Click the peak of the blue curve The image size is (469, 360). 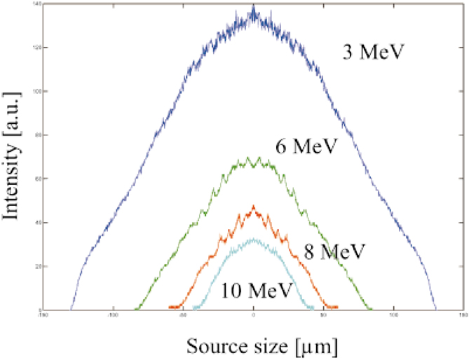click(253, 7)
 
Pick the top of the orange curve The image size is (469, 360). click(254, 206)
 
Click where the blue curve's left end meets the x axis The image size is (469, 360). click(71, 309)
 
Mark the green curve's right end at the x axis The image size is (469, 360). click(372, 309)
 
